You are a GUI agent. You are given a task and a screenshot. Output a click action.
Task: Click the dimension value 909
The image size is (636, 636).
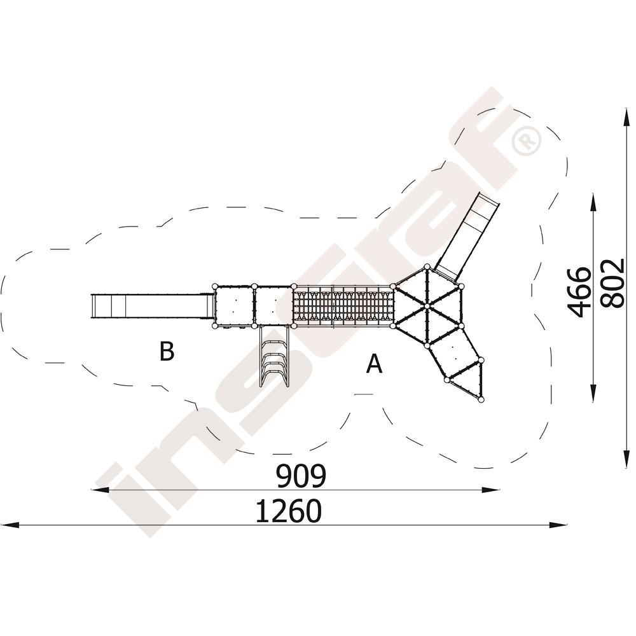click(x=301, y=476)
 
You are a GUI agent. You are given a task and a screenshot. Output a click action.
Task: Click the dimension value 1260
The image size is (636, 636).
click(x=289, y=511)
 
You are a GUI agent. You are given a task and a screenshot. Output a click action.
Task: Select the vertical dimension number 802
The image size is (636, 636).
click(x=612, y=283)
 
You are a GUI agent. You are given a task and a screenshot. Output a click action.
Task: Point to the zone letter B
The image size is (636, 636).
click(x=167, y=351)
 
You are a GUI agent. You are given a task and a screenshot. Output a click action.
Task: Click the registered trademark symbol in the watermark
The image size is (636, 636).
click(x=526, y=141)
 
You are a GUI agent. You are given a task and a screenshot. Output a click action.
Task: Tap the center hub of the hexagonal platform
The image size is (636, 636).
click(x=427, y=305)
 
